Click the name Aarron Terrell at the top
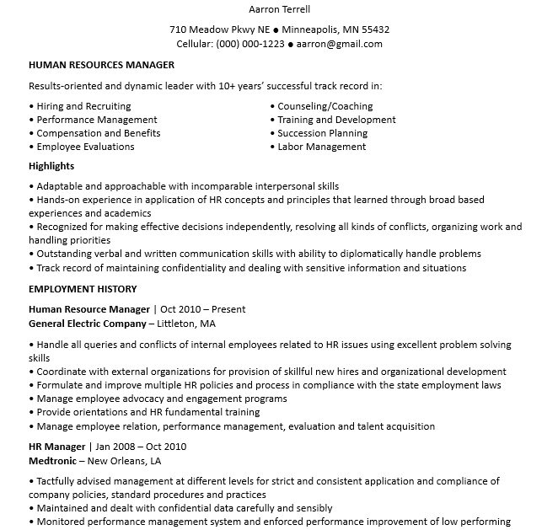tap(279, 10)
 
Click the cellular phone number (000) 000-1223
tap(250, 44)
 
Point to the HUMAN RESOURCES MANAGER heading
tap(101, 65)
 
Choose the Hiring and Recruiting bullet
tap(83, 106)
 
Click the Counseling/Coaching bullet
tap(325, 106)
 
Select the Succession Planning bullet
tap(323, 133)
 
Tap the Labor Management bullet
tap(322, 147)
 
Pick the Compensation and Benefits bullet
tap(98, 133)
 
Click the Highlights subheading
tap(51, 166)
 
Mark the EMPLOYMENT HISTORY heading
tap(83, 289)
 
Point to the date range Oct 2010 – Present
tap(203, 309)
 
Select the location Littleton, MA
tap(185, 323)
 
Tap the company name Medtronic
tap(53, 460)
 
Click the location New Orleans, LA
tap(124, 460)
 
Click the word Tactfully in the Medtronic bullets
tap(56, 481)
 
